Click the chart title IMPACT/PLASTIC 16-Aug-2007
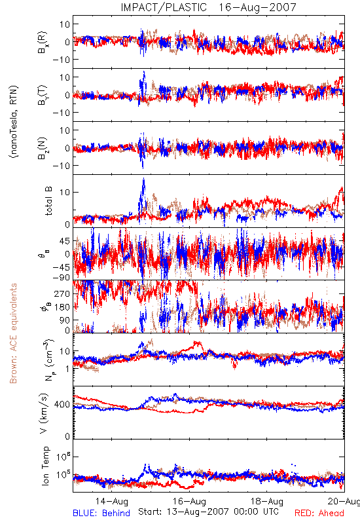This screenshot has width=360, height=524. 208,7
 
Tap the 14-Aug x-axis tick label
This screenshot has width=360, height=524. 111,501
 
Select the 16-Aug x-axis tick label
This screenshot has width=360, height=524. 189,501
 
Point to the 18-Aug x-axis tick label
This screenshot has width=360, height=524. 267,501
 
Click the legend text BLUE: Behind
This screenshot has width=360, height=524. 101,513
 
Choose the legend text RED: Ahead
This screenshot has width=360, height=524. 319,513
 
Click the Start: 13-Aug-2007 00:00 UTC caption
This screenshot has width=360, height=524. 208,512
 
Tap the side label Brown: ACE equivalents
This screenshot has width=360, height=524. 13,333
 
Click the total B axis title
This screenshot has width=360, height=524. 48,201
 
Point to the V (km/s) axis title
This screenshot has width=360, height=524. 44,413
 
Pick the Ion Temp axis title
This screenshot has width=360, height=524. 45,466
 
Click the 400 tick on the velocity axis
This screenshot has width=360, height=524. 62,404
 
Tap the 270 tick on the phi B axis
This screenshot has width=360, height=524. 62,293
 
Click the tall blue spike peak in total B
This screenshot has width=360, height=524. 143,179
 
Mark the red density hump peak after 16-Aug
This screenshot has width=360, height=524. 197,343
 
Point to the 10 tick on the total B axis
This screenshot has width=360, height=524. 65,192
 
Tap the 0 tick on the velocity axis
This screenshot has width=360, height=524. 67,436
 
